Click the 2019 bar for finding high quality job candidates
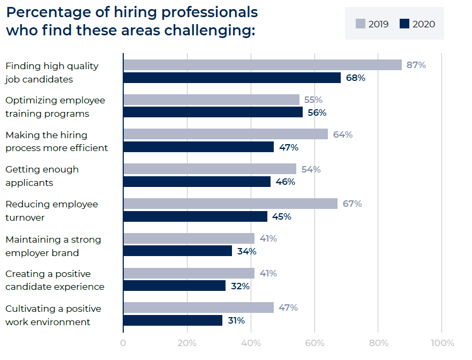(263, 65)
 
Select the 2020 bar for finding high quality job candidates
(232, 78)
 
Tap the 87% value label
(416, 65)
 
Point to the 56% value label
(317, 112)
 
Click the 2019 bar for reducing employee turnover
(230, 204)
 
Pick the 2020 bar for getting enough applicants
(197, 182)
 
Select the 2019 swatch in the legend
(360, 24)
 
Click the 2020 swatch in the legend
(404, 24)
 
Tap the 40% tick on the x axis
(251, 343)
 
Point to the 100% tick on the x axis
(441, 343)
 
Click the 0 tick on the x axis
(123, 343)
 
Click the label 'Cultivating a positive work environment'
(53, 315)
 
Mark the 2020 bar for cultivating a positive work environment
(173, 320)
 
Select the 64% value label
(343, 134)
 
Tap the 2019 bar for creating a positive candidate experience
(189, 273)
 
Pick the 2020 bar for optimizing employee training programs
(213, 112)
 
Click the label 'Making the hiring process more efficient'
(56, 141)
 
